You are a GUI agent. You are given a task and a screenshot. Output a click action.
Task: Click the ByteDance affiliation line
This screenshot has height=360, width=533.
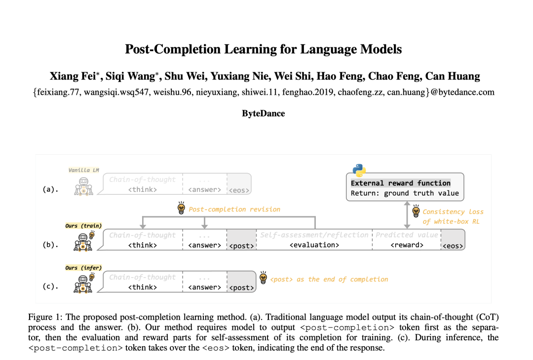(x=263, y=113)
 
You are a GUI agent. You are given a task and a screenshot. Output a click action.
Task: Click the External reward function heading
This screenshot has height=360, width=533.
(x=400, y=183)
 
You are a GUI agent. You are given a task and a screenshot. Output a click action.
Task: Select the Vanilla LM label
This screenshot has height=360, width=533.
(x=83, y=170)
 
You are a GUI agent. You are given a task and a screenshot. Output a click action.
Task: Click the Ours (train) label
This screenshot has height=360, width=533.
(x=83, y=226)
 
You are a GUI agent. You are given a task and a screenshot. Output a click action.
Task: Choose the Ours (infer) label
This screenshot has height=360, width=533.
(x=83, y=268)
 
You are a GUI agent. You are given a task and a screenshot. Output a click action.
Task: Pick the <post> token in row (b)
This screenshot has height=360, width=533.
(x=242, y=246)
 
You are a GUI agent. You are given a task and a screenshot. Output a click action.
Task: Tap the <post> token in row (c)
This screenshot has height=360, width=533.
(x=242, y=288)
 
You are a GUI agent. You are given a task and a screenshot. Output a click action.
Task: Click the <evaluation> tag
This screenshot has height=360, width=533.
(x=314, y=245)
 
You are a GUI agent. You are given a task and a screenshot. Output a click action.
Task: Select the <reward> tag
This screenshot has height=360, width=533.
(x=407, y=245)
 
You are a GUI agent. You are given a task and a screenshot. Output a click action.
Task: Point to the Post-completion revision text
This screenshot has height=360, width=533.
(x=234, y=209)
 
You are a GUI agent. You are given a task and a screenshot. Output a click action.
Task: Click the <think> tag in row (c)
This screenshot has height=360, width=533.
(x=143, y=287)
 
